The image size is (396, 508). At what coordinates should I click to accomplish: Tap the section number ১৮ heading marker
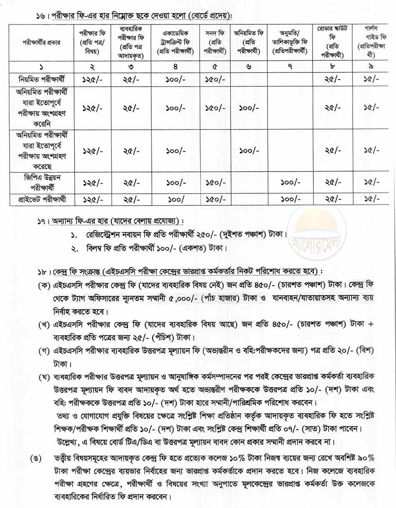[42, 271]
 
